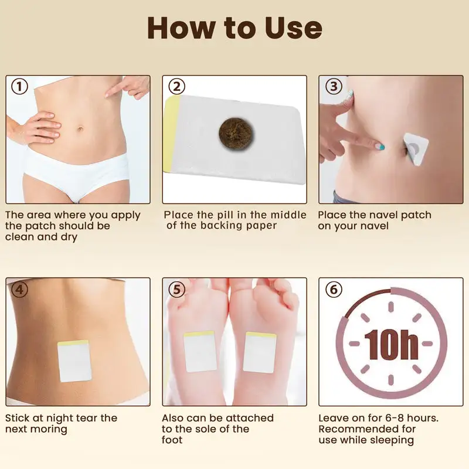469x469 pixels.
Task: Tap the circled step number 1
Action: pos(19,87)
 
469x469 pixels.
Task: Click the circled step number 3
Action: pos(332,87)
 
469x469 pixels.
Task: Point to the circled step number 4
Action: pos(19,290)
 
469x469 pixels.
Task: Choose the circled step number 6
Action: pos(332,290)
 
